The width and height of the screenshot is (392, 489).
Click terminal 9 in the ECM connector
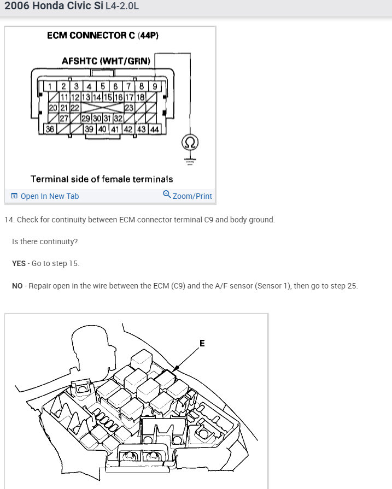[155, 86]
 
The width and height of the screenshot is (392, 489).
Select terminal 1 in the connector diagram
[50, 86]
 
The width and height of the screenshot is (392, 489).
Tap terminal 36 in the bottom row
[50, 129]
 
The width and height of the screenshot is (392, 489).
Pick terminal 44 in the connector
[154, 129]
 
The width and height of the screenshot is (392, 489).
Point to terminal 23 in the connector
[129, 108]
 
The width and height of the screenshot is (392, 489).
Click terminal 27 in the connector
[63, 119]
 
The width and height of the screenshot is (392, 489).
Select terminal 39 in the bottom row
[89, 129]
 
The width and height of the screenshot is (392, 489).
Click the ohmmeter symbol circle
[190, 143]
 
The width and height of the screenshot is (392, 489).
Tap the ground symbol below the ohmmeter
[190, 161]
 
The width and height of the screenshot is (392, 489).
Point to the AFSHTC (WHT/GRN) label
[106, 61]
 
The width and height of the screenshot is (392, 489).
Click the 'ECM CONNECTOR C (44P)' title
[103, 36]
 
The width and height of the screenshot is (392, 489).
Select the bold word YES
[19, 263]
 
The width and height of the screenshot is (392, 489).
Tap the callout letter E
[202, 343]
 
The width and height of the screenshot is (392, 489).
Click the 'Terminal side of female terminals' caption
[102, 179]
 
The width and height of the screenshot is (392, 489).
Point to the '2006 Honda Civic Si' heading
[49, 8]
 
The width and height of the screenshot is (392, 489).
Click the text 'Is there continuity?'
[45, 241]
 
